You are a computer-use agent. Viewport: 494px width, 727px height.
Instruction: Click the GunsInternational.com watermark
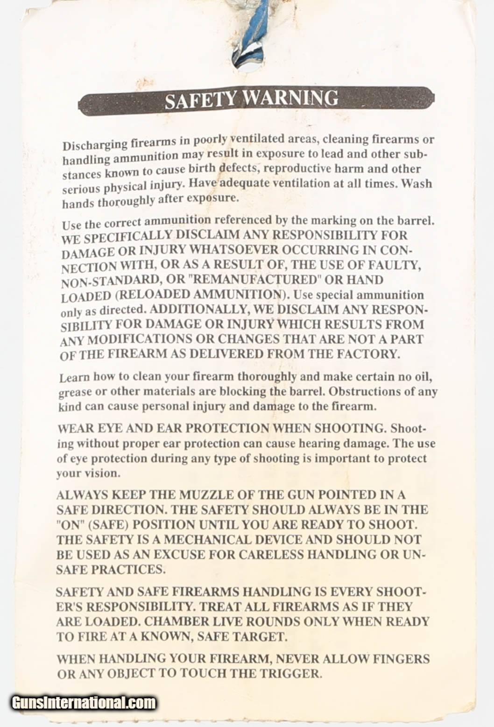coord(84,703)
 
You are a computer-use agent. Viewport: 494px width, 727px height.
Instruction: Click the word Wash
coord(416,183)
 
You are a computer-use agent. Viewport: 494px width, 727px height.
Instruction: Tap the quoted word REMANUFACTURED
coord(255,280)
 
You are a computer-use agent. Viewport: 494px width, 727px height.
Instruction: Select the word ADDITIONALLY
coord(198,309)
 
